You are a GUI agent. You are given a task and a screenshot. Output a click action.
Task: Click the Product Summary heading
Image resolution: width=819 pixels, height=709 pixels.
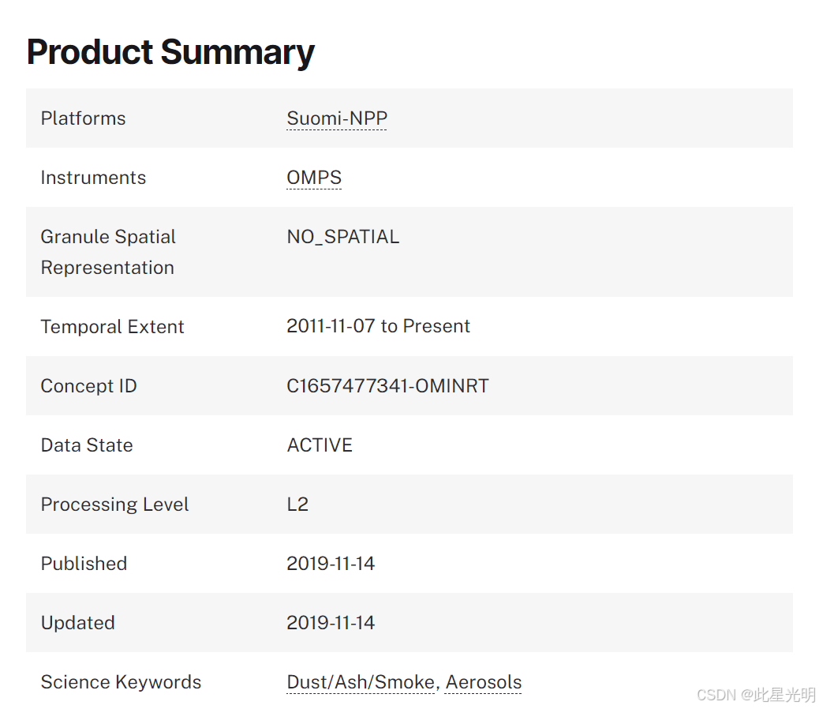click(170, 52)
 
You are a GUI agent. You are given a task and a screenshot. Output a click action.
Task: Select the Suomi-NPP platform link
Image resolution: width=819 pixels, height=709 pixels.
click(337, 118)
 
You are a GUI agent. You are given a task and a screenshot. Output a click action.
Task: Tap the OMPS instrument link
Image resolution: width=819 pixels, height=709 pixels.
click(314, 178)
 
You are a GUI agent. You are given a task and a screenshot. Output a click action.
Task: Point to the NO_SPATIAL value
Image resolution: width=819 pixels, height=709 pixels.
click(342, 237)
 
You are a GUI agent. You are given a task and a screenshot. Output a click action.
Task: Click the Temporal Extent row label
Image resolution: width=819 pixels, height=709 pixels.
click(112, 327)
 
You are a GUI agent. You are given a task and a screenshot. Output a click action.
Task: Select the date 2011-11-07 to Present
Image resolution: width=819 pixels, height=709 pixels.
click(378, 326)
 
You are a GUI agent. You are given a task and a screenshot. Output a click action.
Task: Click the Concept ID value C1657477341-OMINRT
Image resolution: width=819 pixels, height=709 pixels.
click(387, 385)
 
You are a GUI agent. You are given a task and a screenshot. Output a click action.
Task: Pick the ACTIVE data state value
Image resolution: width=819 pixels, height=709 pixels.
click(320, 445)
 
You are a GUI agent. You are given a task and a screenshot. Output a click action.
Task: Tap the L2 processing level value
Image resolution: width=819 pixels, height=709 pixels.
click(297, 505)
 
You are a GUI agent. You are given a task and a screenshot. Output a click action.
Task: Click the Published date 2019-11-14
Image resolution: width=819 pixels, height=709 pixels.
click(331, 563)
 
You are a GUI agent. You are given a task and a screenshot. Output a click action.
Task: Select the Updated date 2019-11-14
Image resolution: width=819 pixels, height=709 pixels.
click(331, 623)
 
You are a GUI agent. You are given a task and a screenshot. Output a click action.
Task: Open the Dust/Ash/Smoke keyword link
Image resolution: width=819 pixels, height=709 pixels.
click(361, 682)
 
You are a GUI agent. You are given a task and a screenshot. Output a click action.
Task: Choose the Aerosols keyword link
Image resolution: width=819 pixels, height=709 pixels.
click(483, 682)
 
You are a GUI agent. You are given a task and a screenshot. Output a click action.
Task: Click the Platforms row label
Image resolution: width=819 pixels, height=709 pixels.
click(83, 118)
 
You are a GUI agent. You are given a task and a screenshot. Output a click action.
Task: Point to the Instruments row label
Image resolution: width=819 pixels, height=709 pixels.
click(93, 178)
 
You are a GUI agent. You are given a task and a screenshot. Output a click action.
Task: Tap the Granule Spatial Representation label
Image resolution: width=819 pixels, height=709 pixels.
click(108, 252)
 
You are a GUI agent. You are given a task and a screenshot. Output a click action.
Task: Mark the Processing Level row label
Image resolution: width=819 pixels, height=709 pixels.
click(114, 505)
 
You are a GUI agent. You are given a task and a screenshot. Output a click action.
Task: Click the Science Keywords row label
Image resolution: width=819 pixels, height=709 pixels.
click(121, 682)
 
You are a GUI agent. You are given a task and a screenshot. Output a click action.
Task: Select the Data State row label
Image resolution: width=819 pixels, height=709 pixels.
click(87, 445)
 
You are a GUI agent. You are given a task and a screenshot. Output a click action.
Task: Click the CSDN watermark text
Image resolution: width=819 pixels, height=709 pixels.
click(756, 694)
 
